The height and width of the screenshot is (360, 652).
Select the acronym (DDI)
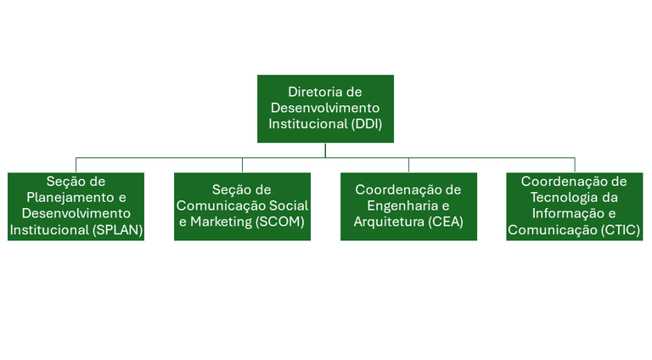(x=367, y=124)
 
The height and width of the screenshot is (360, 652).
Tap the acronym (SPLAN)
(x=118, y=230)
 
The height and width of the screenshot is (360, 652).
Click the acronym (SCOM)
(x=280, y=222)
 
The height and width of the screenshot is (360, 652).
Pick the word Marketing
(x=222, y=222)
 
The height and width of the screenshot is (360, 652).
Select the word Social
(x=289, y=205)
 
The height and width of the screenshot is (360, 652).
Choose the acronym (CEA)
(x=446, y=222)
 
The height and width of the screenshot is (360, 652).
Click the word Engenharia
(x=402, y=206)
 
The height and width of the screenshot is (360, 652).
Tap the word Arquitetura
(x=389, y=222)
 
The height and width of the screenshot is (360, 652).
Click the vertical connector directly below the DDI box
(x=325, y=150)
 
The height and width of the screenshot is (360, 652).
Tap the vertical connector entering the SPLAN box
(x=76, y=165)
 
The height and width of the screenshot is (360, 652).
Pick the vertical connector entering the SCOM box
(x=243, y=165)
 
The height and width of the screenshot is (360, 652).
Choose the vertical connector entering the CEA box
(x=408, y=165)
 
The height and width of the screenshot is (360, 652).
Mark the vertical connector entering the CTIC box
(x=575, y=165)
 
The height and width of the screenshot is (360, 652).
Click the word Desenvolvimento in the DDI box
(x=325, y=108)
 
